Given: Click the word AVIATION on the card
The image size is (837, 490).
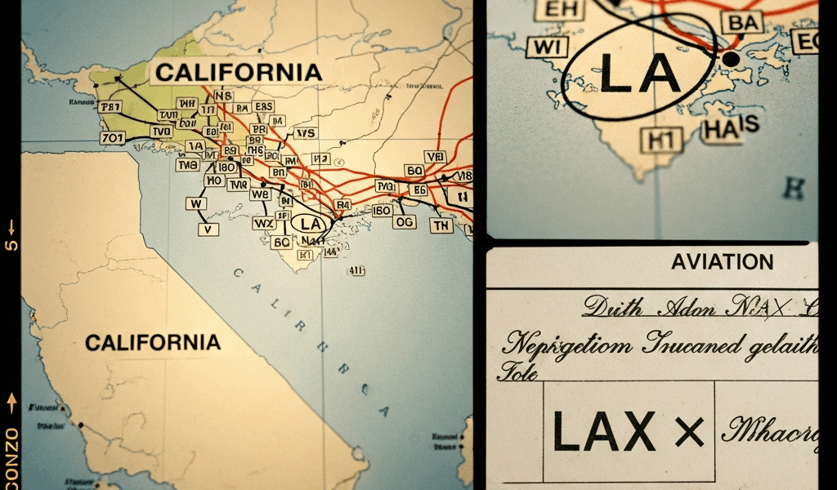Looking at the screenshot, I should [722, 262].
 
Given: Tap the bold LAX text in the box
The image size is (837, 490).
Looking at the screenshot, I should [604, 430].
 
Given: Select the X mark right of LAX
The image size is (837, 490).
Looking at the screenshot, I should [689, 430].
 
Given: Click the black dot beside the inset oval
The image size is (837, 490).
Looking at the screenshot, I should [730, 59].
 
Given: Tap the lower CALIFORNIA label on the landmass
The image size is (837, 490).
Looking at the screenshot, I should [153, 342].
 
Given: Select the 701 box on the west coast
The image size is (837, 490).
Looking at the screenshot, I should [113, 138].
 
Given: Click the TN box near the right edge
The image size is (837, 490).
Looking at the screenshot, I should [441, 225].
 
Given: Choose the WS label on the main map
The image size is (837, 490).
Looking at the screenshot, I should [306, 133].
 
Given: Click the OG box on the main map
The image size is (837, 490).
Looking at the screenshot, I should [404, 221].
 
